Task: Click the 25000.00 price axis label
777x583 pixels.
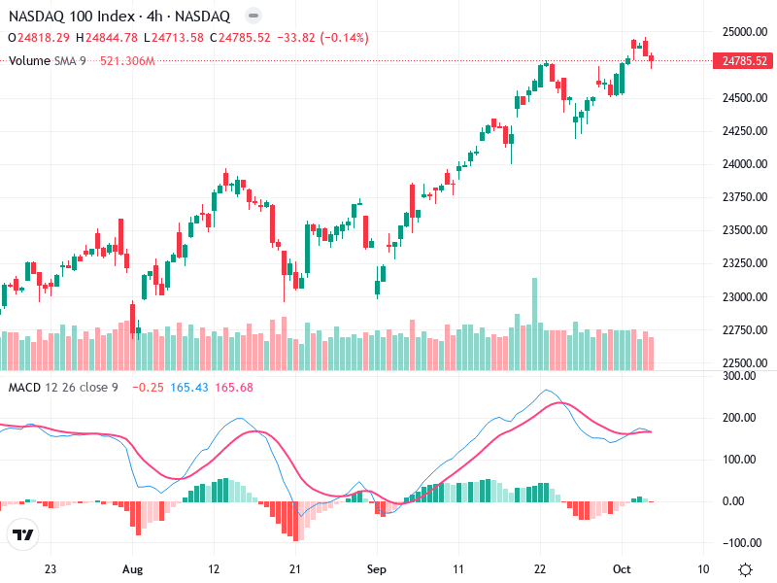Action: tap(742, 31)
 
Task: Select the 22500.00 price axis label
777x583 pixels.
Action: tap(742, 363)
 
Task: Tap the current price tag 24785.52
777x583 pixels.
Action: tap(742, 61)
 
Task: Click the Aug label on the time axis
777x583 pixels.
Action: tap(133, 569)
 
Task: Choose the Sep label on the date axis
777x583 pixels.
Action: tap(377, 569)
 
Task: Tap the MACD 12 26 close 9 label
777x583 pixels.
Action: tap(63, 388)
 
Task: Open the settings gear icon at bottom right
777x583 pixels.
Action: tap(745, 569)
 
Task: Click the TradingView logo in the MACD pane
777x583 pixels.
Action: tap(23, 535)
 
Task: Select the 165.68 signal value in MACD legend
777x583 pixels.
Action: tap(232, 388)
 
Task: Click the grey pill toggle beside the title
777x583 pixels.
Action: tap(253, 17)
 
